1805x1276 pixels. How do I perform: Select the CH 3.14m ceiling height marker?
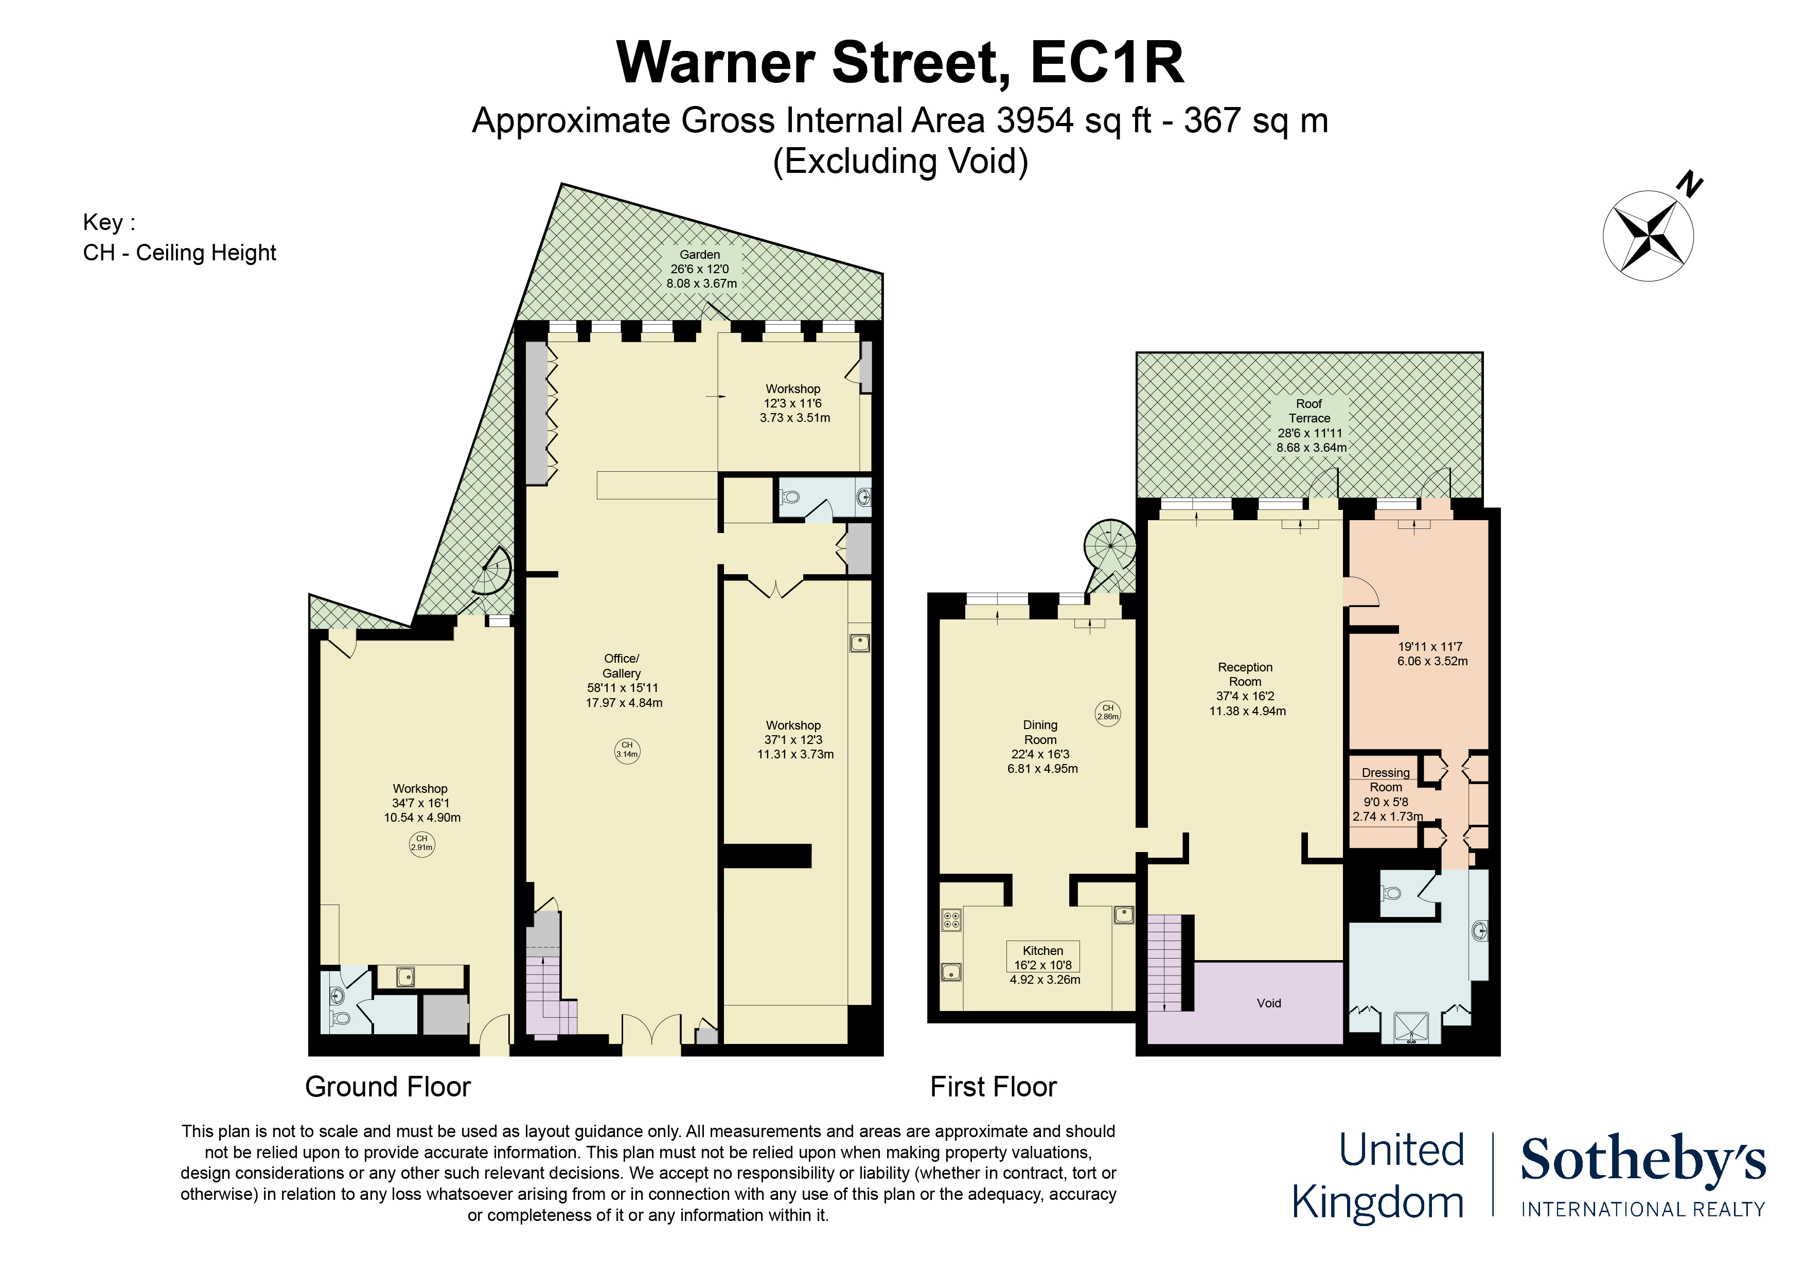[x=627, y=750]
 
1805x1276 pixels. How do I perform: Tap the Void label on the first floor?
[x=1268, y=1003]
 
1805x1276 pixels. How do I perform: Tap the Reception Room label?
[x=1245, y=675]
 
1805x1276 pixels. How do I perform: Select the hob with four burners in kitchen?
[x=951, y=920]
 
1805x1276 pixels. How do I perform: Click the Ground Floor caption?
[x=387, y=1087]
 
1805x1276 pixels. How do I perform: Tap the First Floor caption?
[x=993, y=1087]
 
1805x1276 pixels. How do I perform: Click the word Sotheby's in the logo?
[x=1642, y=1160]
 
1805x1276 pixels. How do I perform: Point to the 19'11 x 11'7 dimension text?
[x=1431, y=653]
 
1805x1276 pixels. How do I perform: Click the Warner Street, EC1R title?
[x=900, y=62]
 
